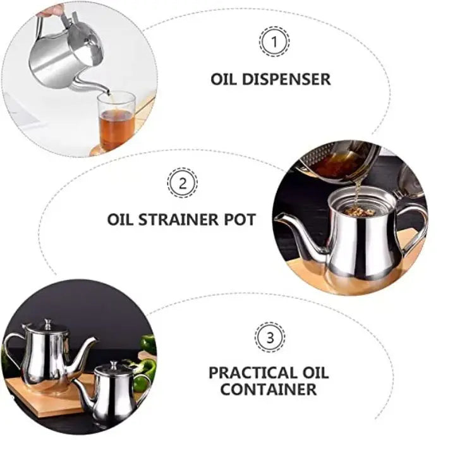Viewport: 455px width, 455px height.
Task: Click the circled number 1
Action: pyautogui.click(x=273, y=43)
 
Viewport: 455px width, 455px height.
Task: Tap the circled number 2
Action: pyautogui.click(x=182, y=183)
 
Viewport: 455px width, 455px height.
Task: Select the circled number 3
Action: pyautogui.click(x=269, y=336)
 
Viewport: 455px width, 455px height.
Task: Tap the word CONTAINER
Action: pyautogui.click(x=269, y=389)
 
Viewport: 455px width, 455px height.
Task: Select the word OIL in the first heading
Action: pyautogui.click(x=224, y=80)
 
